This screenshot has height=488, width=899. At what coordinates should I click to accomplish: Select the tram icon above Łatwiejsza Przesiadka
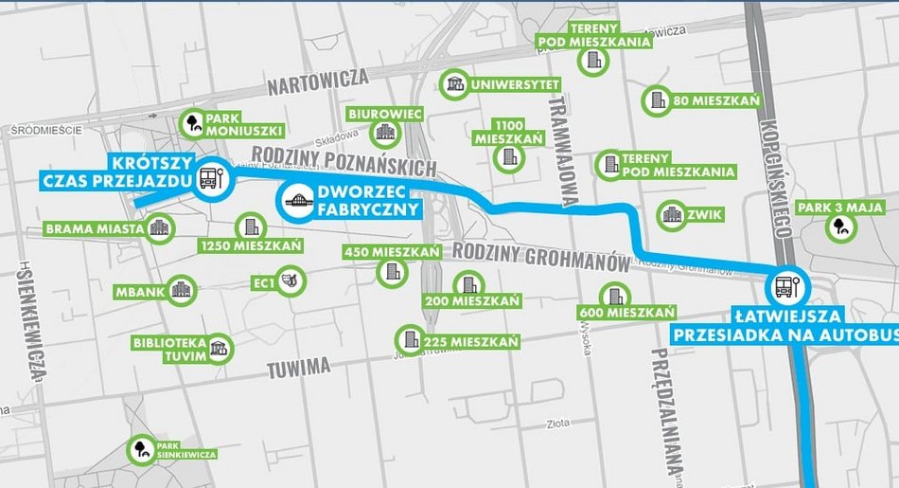click(x=786, y=286)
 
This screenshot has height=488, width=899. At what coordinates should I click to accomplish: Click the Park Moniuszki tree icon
click(x=194, y=122)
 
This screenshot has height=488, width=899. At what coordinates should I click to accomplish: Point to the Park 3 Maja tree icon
click(x=838, y=225)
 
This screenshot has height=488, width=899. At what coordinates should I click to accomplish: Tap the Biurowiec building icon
click(x=384, y=133)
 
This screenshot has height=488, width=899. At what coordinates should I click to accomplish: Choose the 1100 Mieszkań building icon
click(x=509, y=156)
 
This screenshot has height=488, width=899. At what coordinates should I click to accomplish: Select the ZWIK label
click(x=707, y=215)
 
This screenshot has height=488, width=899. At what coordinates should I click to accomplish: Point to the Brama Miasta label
click(x=94, y=228)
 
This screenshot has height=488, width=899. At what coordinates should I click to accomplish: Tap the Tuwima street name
click(x=298, y=366)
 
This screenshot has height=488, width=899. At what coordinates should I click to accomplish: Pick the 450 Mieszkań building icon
click(x=389, y=273)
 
